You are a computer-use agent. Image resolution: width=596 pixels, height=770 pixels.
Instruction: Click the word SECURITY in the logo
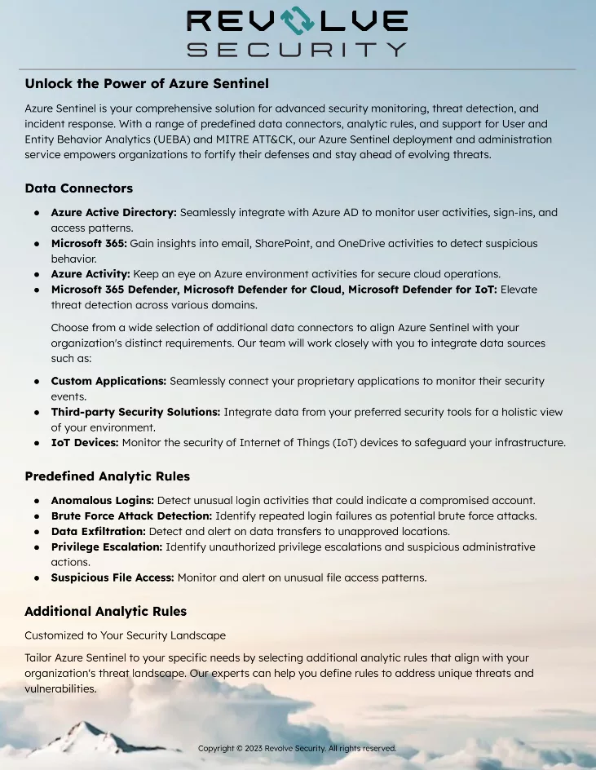point(297,49)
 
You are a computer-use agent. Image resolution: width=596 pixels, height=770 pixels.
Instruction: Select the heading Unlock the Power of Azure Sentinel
point(147,83)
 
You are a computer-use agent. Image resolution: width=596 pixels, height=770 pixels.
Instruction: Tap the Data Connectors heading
point(78,188)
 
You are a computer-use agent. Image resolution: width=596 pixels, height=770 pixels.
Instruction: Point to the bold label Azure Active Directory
point(113,212)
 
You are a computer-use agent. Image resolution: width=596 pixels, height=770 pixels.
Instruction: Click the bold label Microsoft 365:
point(89,243)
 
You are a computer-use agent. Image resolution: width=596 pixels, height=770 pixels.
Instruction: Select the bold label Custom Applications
point(108,381)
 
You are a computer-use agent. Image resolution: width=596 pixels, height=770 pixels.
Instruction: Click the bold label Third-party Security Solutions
point(135,412)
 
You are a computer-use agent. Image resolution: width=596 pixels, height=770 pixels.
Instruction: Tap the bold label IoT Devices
point(85,443)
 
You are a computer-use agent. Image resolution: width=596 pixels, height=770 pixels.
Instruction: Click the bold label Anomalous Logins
point(102,500)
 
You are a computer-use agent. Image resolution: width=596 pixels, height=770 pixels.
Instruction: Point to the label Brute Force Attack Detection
point(131,516)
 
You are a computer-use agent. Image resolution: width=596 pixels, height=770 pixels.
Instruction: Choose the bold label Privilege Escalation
point(106,547)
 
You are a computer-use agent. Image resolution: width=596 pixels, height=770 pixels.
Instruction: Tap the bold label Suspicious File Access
point(113,577)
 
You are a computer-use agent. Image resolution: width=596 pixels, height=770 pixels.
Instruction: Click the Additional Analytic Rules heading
point(105,611)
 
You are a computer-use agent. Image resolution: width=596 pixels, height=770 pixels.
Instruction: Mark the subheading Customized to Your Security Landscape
point(125,635)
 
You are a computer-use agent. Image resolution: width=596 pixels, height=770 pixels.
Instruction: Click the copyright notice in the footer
point(297,748)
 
